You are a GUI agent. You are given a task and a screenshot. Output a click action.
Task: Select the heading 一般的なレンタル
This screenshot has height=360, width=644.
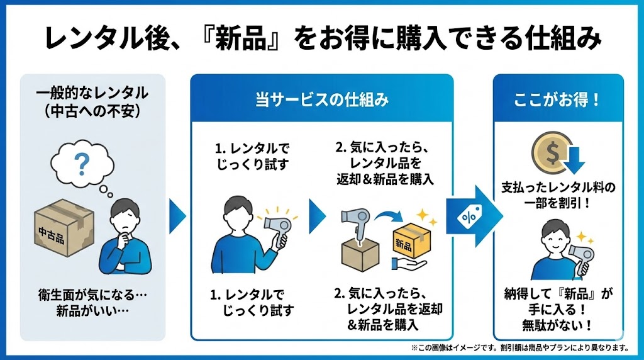pos(92,93)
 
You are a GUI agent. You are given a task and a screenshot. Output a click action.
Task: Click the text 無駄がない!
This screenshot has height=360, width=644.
pos(558,325)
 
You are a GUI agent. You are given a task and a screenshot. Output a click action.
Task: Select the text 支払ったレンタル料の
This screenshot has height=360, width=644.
pos(558,187)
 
